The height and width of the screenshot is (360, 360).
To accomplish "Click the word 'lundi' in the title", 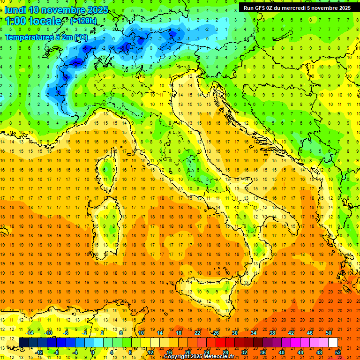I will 15,9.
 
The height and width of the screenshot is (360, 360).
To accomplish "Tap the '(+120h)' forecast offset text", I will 83,21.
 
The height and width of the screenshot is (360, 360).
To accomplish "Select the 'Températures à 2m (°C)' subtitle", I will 46,37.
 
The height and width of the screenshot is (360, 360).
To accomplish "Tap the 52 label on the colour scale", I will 338,352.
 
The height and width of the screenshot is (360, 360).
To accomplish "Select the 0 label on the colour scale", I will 93,352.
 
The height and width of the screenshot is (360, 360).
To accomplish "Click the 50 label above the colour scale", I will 329,332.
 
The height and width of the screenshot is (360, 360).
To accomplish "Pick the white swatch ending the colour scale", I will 333,342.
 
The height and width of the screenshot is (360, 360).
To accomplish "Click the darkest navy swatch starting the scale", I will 23,342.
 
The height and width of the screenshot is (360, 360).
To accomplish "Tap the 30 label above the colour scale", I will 235,332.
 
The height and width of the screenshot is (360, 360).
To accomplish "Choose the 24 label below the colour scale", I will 207,352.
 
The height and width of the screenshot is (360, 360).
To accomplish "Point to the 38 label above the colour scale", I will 272,332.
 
